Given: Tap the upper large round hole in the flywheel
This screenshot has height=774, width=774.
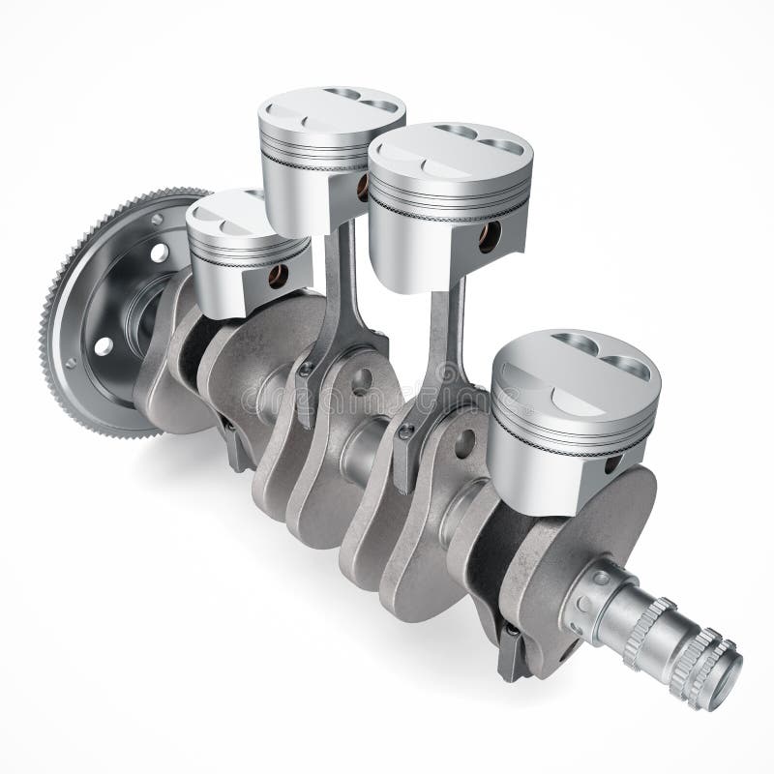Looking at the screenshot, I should pyautogui.click(x=158, y=253).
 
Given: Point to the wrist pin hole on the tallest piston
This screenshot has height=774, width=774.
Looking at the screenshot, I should pyautogui.click(x=364, y=189).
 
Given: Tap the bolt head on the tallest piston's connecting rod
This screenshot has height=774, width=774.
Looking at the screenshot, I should pyautogui.click(x=305, y=369).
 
